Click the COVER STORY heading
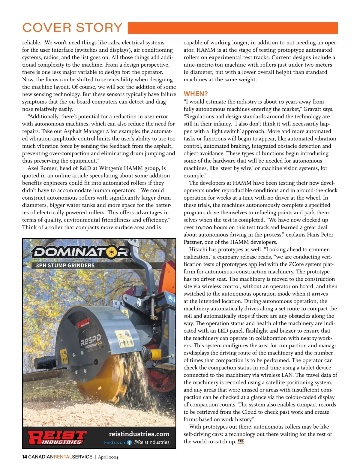click(72, 28)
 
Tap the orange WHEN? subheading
click(196, 94)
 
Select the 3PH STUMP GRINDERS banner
click(65, 265)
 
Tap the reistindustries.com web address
click(139, 434)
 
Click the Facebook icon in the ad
click(129, 442)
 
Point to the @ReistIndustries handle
click(151, 442)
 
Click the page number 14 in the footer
click(25, 457)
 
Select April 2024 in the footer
click(108, 457)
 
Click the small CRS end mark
click(241, 441)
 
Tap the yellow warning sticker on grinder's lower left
click(64, 355)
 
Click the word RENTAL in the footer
click(63, 457)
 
